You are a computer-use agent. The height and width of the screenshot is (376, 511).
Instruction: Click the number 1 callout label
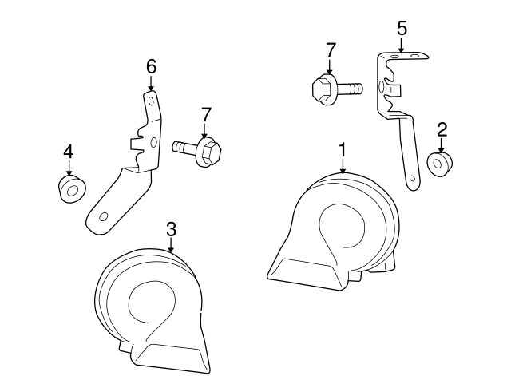pos(343,149)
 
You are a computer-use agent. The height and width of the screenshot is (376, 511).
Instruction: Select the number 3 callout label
pos(171,229)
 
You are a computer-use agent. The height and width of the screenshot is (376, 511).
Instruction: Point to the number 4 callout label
pos(69,150)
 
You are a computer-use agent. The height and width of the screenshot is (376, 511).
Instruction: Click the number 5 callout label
pos(402,28)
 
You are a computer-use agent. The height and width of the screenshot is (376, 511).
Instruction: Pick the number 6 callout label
pos(150,65)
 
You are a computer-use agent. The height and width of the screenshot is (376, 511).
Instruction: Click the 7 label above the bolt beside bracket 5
pos(331,49)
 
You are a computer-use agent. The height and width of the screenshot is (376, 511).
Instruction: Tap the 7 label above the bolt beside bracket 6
pos(205,113)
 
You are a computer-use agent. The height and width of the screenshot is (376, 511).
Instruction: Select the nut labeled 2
pos(440,164)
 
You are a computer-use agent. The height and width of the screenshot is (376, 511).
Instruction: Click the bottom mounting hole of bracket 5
pos(411,179)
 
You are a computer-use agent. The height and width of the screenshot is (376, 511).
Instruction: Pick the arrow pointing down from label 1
pos(343,165)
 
